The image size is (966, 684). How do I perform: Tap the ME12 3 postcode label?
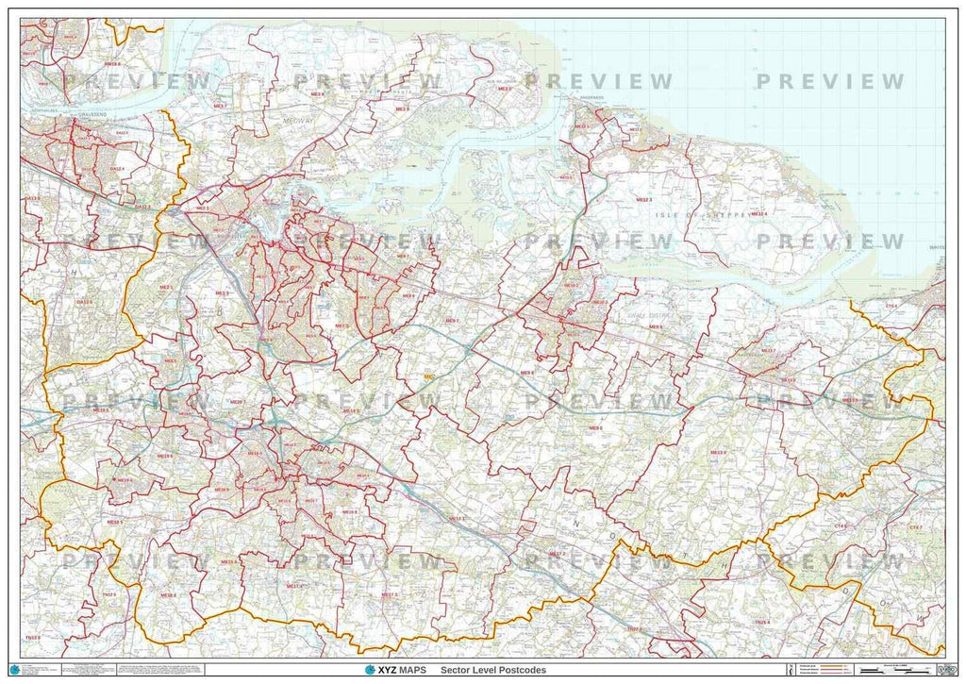coord(644,201)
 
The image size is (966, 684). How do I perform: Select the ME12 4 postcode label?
coord(758,214)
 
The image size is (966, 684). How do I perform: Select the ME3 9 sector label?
coord(402,109)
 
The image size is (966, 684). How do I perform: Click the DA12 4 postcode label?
coord(117,169)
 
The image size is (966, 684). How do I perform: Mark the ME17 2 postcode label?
coord(557,553)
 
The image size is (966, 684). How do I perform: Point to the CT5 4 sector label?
coord(891,306)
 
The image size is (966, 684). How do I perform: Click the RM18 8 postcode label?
coord(112,64)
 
